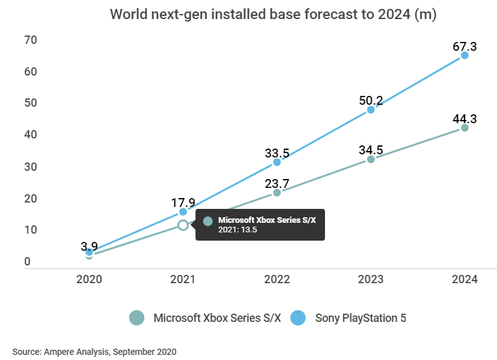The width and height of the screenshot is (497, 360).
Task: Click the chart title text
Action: tap(273, 15)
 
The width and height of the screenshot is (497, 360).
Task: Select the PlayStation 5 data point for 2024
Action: tap(465, 55)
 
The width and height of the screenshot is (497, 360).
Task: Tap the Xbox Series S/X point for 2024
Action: tap(465, 128)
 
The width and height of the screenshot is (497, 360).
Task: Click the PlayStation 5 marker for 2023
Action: tap(371, 109)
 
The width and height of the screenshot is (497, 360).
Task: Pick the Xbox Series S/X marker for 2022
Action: tap(277, 192)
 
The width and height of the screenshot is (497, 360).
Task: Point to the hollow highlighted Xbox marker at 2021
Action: tap(183, 225)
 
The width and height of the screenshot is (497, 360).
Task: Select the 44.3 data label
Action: tap(465, 119)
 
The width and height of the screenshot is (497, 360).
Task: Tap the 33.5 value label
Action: tap(277, 152)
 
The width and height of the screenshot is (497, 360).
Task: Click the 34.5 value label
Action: tap(371, 150)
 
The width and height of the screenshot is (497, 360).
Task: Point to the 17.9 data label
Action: tap(183, 203)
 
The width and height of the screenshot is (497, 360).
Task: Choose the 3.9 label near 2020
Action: tap(89, 245)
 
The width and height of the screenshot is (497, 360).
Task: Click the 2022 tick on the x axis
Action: tap(277, 279)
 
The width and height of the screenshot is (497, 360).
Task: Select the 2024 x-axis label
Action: tap(465, 279)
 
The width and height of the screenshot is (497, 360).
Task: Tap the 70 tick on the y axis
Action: tap(30, 40)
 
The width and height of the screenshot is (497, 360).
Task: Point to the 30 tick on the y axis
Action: tap(30, 166)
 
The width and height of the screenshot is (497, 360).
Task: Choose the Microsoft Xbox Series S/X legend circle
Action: tap(137, 318)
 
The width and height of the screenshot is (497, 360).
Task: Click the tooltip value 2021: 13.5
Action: tap(237, 230)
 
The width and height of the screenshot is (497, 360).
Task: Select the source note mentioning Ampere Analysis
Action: tap(94, 351)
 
